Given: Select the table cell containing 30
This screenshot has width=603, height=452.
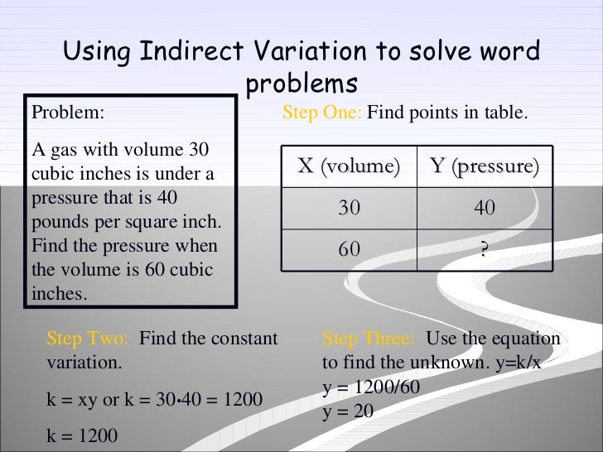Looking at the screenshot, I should [349, 209].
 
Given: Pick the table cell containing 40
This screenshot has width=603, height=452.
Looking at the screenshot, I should [485, 209].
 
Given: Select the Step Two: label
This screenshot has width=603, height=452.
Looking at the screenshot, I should [87, 339].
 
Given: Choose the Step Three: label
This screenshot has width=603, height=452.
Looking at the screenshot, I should [369, 339].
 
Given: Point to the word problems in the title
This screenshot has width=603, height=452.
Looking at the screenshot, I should [301, 84].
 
